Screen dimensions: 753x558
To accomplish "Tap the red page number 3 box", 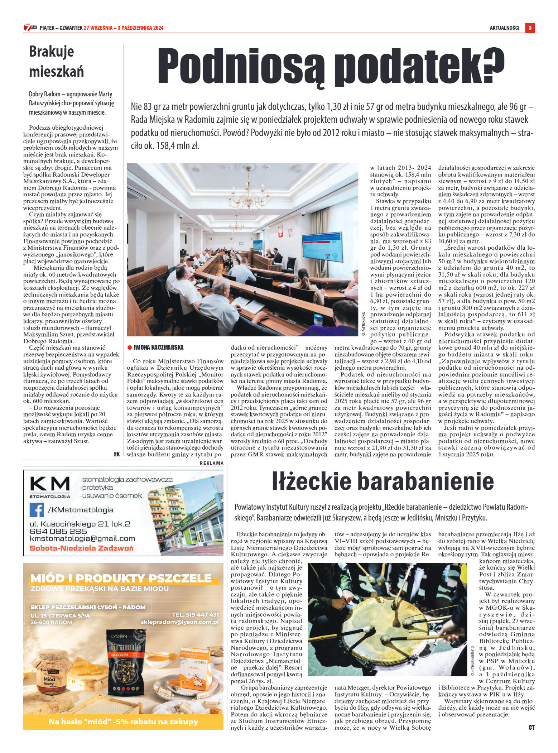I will pos(530,28).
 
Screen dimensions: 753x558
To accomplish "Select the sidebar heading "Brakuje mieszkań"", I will pos(56,61).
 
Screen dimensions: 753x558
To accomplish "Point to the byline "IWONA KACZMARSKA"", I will pos(158,347).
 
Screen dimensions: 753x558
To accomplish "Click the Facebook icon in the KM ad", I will pos(37,510).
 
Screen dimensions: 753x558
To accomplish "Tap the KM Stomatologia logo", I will pos(50,486).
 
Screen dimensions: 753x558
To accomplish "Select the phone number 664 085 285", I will pos(58,531).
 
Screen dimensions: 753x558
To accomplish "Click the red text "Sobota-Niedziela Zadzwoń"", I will pos(81,548).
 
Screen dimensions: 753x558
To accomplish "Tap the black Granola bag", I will pos(124,661).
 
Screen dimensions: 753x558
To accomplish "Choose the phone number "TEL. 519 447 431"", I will pos(195,614).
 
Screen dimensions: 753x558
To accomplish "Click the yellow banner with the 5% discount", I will pos(123,722).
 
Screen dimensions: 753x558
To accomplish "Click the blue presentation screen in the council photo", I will pos(322,247).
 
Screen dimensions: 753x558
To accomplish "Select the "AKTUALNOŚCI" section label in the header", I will pos(504,28).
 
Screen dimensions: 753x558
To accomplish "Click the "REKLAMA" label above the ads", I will pos(211,463).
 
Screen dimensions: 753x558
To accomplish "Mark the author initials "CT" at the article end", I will pos(531,727).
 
